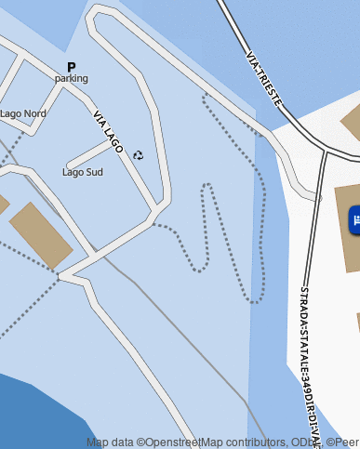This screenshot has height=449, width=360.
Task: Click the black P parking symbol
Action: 72,67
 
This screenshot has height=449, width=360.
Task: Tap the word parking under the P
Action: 72,79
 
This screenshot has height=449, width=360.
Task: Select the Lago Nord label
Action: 23,113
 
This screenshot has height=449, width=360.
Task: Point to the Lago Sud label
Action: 83,172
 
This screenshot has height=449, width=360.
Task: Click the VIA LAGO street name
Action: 108,132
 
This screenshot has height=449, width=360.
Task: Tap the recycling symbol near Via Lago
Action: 139,155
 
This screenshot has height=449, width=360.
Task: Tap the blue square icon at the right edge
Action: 354,220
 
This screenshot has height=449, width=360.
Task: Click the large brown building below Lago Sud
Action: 40,234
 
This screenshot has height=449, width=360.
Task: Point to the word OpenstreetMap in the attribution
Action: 176,442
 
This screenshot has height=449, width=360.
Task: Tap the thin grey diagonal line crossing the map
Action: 186,335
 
